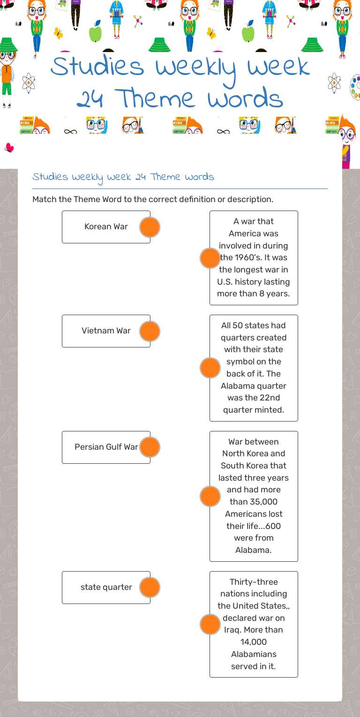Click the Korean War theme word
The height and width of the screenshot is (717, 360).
click(x=106, y=227)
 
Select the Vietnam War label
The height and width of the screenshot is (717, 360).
click(x=106, y=331)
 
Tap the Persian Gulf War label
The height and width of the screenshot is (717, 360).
click(x=106, y=447)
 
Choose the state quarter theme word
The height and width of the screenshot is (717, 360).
click(x=106, y=587)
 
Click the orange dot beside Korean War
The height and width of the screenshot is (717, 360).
click(x=150, y=227)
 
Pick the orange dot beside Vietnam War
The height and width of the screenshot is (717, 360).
click(x=150, y=332)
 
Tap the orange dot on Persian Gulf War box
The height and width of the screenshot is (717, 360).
click(x=150, y=447)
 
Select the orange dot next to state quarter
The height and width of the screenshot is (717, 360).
click(x=150, y=588)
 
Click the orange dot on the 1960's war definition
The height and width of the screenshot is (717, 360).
click(x=210, y=258)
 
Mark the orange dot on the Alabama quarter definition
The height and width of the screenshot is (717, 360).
click(x=210, y=368)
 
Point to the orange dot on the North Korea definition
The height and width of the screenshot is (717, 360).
click(x=210, y=497)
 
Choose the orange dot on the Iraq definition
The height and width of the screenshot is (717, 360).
click(x=210, y=625)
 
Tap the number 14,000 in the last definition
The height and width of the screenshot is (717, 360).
click(x=254, y=642)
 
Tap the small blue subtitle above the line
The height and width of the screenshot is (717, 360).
click(x=123, y=177)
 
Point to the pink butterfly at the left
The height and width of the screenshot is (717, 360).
click(x=9, y=148)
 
